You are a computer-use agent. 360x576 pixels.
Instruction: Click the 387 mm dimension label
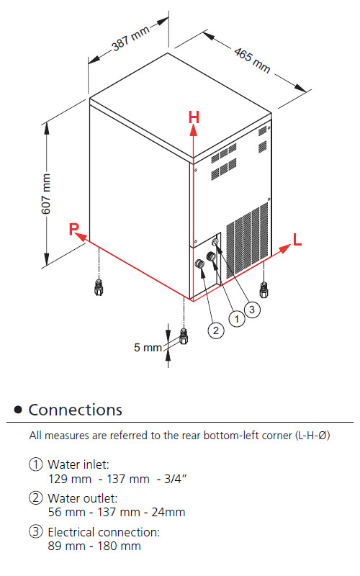130,38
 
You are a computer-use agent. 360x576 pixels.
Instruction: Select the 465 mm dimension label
253,60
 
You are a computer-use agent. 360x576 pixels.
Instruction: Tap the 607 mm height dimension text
46,194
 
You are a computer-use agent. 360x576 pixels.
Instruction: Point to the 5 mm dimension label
148,347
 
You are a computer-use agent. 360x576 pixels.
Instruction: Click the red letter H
194,117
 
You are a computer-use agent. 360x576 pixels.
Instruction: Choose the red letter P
74,228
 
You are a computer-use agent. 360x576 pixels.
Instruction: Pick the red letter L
297,240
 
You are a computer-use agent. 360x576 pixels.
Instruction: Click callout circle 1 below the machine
237,319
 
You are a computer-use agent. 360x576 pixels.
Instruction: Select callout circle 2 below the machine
215,330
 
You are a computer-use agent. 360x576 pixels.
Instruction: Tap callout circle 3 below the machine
252,310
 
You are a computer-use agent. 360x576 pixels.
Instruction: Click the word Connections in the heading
76,410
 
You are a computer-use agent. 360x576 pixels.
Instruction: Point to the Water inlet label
78,464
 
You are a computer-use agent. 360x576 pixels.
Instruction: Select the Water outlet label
83,498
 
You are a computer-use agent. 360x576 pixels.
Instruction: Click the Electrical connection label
104,532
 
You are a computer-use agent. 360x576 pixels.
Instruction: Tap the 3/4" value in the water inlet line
176,479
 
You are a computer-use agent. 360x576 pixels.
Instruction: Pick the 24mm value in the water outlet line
168,512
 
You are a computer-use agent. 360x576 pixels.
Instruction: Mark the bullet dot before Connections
18,410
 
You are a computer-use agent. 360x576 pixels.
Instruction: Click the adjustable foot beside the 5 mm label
184,336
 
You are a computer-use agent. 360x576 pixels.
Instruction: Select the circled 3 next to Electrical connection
35,531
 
